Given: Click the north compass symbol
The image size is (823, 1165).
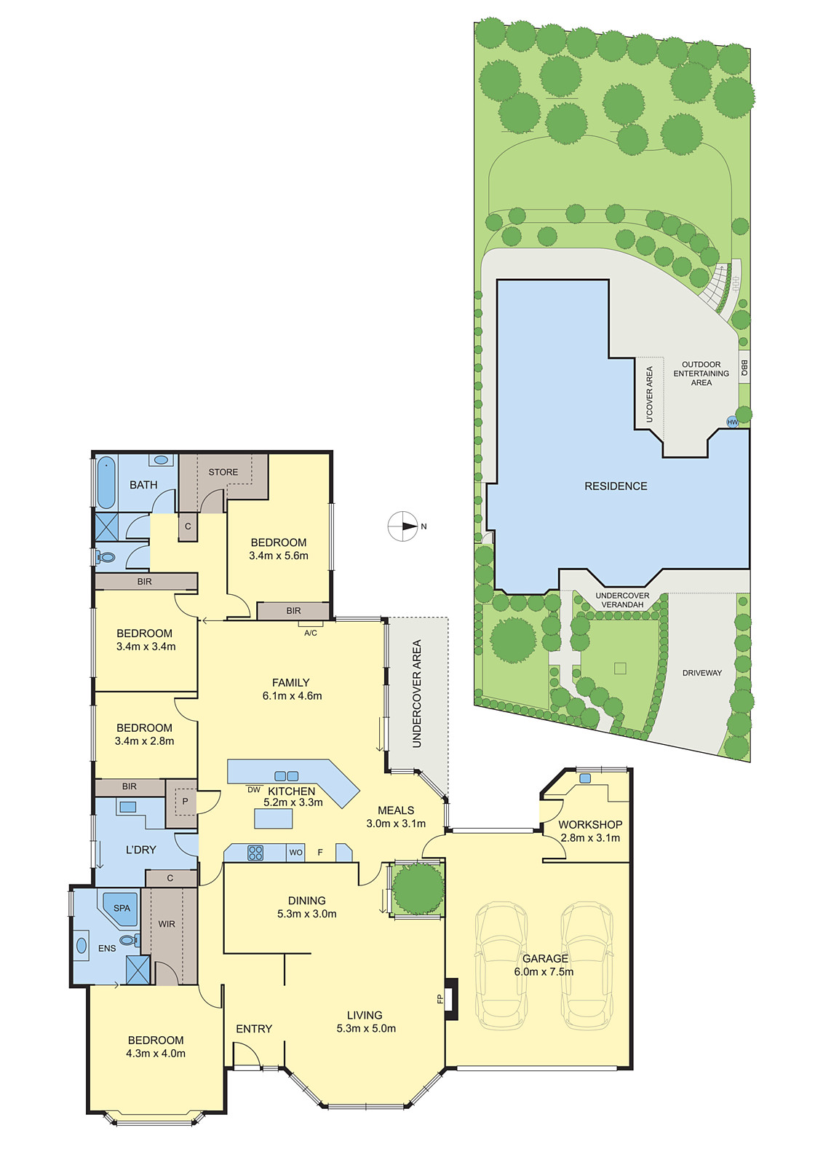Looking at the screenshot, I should coord(402,526).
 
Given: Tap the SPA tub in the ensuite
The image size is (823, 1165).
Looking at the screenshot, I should coord(121,908).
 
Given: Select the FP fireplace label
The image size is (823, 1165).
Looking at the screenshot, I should coord(440,999).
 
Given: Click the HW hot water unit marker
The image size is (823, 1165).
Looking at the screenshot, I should coord(732,422).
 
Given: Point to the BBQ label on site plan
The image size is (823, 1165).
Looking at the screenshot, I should coord(744,368).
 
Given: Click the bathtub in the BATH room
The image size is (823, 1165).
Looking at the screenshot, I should coord(106,481).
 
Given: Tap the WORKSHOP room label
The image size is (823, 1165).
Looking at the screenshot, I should coord(590,824).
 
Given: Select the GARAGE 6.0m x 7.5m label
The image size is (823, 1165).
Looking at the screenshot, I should coord(544,965).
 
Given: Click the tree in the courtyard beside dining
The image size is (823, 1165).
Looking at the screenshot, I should coord(418,888).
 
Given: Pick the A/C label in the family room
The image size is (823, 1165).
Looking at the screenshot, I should coord(311,633).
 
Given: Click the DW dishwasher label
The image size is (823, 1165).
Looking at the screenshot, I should coord(253,789).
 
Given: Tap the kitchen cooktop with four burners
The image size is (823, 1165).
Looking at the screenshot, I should coord(255,853).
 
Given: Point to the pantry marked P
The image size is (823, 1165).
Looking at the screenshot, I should coord(185,801).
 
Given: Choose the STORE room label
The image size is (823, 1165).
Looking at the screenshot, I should coord(223,472).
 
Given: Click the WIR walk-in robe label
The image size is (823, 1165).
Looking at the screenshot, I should coord(167,924).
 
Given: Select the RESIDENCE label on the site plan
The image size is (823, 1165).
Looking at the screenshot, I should coord(616,486).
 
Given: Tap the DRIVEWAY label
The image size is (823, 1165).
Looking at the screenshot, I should coord(702,673).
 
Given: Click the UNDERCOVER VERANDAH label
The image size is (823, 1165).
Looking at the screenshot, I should coord(622,600).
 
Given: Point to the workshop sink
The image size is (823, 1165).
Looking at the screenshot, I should coord(585,778).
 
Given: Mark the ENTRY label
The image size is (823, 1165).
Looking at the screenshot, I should coord(254,1028).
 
